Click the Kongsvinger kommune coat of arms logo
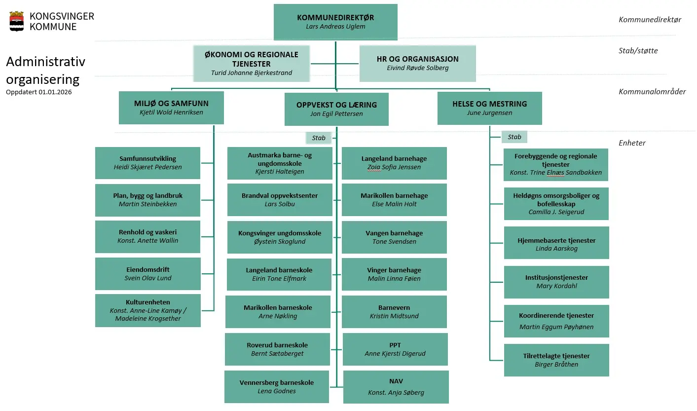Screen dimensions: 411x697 tap(17, 21)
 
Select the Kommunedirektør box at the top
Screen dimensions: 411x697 tap(335, 22)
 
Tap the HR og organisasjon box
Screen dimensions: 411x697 tap(417, 63)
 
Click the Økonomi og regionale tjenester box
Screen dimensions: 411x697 tap(252, 63)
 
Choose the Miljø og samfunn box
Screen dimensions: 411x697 tap(171, 108)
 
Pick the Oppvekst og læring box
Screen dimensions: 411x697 tap(336, 109)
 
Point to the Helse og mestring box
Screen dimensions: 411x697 tap(489, 108)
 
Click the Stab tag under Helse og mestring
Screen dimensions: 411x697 tap(514, 137)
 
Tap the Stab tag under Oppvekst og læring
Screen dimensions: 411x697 tap(319, 138)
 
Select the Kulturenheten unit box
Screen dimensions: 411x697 tap(148, 310)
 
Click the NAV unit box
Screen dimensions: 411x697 tap(396, 387)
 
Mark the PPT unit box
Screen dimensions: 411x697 tap(395, 349)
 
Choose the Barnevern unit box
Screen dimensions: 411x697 tap(394, 311)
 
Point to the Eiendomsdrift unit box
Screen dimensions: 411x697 tap(148, 274)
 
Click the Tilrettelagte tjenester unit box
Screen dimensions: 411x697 tap(556, 360)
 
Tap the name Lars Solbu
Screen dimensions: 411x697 tap(280, 204)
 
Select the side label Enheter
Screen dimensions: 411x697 tap(632, 143)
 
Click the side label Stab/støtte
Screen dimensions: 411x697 tap(638, 50)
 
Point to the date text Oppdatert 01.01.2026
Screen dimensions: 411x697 tap(39, 92)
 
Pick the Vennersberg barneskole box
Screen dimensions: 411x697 tap(277, 387)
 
